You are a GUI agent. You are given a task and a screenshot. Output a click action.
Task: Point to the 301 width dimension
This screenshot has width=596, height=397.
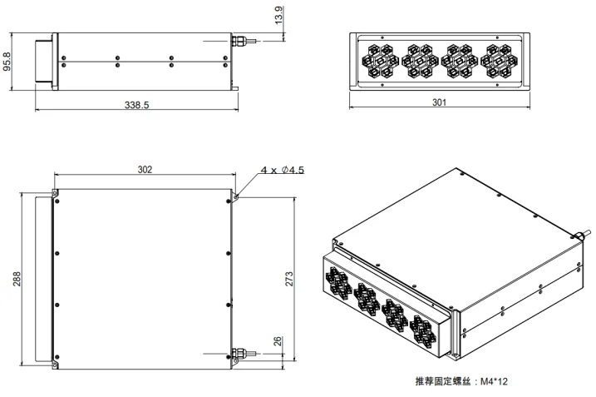click(x=440, y=102)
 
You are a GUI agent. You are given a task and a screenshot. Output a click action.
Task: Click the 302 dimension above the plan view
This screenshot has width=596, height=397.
click(x=145, y=169)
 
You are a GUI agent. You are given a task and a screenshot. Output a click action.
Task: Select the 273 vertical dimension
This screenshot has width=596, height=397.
click(x=288, y=279)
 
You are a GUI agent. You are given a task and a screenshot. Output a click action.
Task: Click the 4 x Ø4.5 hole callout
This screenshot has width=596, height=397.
click(x=283, y=170)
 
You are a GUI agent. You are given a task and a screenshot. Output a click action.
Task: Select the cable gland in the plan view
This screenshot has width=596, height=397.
click(x=239, y=353)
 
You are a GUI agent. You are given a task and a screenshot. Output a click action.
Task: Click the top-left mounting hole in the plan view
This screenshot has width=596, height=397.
click(x=56, y=195)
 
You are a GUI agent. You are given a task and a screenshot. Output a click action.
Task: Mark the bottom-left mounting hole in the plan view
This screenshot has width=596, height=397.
click(x=56, y=362)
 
